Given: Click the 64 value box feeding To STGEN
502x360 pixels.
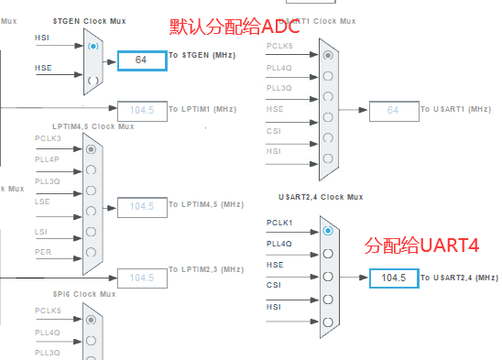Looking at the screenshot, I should pyautogui.click(x=141, y=60).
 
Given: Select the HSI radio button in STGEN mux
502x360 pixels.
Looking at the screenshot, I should pyautogui.click(x=92, y=44).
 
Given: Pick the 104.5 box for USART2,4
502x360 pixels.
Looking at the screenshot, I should pyautogui.click(x=393, y=278).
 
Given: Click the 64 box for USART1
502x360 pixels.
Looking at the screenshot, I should pyautogui.click(x=393, y=110).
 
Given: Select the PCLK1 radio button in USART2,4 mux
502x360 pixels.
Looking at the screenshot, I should pyautogui.click(x=328, y=231).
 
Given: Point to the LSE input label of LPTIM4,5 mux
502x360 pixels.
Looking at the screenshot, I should pyautogui.click(x=43, y=200).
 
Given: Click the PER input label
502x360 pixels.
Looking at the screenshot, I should pyautogui.click(x=43, y=251).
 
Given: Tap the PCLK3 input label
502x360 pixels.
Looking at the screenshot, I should pyautogui.click(x=48, y=138).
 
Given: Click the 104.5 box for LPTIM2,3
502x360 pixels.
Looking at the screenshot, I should pyautogui.click(x=141, y=278).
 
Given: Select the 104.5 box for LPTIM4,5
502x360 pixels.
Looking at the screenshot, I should pyautogui.click(x=141, y=206).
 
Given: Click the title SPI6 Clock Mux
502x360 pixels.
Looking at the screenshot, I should pyautogui.click(x=84, y=294).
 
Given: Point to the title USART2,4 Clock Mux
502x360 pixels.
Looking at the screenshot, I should pyautogui.click(x=321, y=197).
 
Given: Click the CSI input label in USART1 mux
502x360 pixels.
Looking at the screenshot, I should pyautogui.click(x=274, y=130).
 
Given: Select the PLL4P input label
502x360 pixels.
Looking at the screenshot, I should pyautogui.click(x=48, y=159).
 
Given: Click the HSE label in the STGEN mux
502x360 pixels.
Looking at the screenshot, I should pyautogui.click(x=43, y=69).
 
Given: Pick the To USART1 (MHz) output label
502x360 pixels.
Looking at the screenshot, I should pyautogui.click(x=455, y=110).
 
